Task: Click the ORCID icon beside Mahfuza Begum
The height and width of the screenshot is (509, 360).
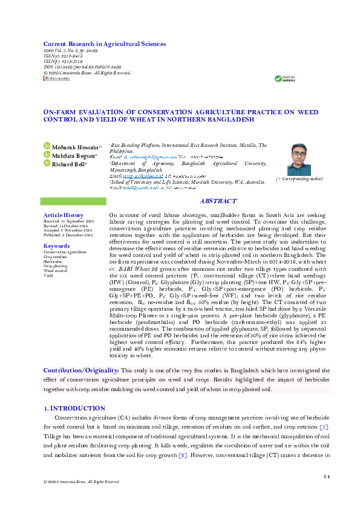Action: pyautogui.click(x=47, y=155)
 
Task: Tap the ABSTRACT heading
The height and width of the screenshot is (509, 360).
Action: pyautogui.click(x=218, y=201)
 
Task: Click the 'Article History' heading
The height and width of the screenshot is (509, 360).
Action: pyautogui.click(x=64, y=215)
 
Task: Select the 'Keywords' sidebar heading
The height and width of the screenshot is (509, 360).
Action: pyautogui.click(x=57, y=246)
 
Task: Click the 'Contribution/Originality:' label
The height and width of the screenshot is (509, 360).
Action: pyautogui.click(x=81, y=370)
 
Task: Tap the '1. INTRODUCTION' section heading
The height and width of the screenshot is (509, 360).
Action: pyautogui.click(x=71, y=409)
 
